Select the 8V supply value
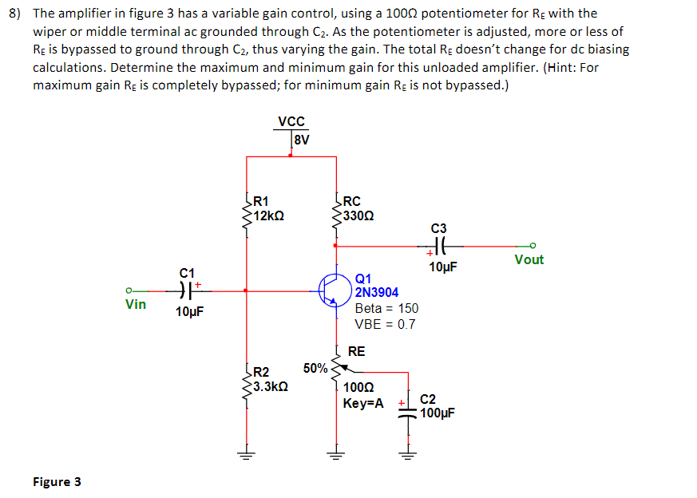point(301,140)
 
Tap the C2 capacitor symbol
point(408,406)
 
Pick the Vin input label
point(136,304)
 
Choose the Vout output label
point(529,259)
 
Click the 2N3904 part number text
point(377,293)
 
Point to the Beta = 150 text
point(386,308)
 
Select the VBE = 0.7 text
point(385,324)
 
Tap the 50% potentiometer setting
point(315,368)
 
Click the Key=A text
point(363,403)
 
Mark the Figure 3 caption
point(56,481)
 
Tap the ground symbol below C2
point(408,457)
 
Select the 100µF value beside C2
point(438,413)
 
